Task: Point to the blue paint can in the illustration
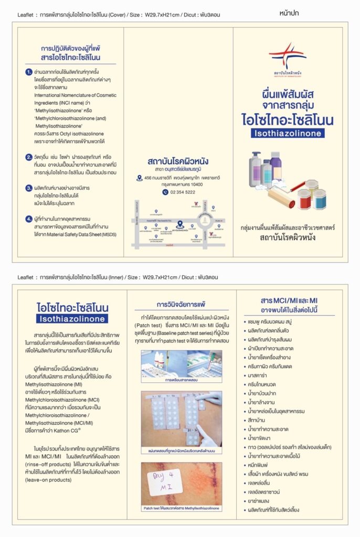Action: [x=319, y=199]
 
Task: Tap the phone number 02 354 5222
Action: [x=183, y=192]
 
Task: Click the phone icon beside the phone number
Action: [x=165, y=192]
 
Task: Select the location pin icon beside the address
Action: [x=139, y=178]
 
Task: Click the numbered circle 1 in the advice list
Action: [x=29, y=71]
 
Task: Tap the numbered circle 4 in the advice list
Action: [x=29, y=219]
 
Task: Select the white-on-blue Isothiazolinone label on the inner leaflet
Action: [x=72, y=318]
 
